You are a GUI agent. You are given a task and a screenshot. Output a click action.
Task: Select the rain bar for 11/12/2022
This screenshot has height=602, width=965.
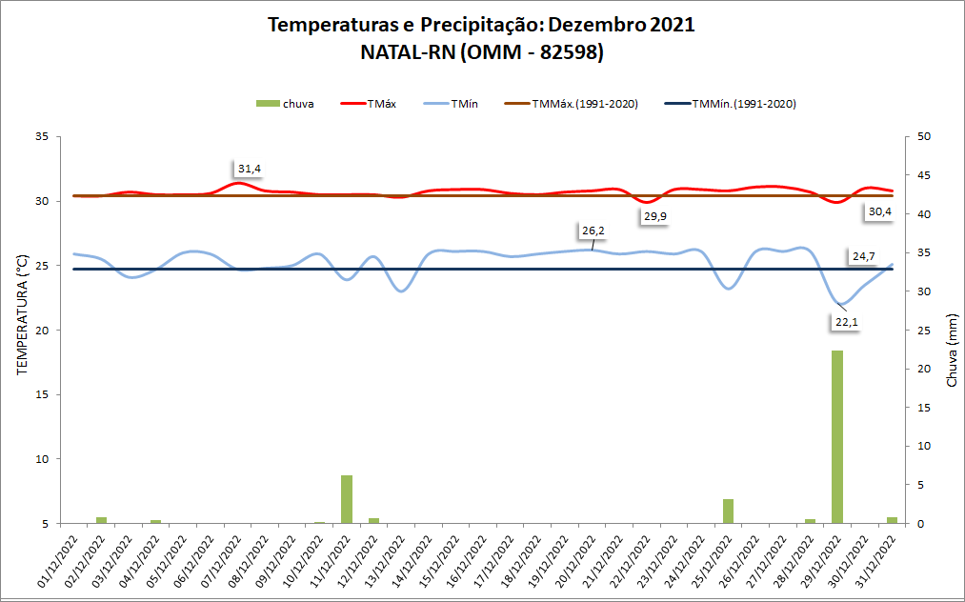pos(347,499)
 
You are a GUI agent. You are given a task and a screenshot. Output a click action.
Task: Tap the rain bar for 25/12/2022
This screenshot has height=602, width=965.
pos(728,512)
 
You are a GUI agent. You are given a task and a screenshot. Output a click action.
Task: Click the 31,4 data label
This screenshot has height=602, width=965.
pos(250,169)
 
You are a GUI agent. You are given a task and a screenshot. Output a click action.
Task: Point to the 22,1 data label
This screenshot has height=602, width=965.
pos(847,322)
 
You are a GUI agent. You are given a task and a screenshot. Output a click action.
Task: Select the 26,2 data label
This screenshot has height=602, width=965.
pos(593,231)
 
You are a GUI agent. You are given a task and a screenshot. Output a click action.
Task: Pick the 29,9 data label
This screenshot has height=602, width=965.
pos(655,216)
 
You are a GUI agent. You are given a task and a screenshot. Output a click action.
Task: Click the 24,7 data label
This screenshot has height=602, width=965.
pos(864,256)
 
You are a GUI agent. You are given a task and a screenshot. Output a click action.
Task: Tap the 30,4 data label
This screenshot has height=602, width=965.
pos(878,211)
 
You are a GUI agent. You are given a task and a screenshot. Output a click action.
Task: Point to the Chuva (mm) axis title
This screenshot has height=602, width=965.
pos(951,351)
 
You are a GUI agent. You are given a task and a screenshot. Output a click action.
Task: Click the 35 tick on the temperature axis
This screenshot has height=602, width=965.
pos(41,136)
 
